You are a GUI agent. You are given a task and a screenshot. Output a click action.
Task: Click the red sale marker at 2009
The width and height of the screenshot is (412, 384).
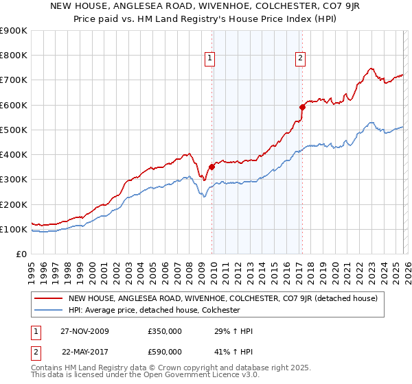tap(211, 167)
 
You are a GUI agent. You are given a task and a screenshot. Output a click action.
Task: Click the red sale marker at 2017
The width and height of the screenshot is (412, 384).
tap(302, 107)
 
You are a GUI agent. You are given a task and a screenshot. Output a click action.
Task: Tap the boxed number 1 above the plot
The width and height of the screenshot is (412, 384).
tap(209, 58)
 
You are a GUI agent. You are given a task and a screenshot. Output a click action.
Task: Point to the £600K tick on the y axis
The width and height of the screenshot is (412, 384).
tap(13, 105)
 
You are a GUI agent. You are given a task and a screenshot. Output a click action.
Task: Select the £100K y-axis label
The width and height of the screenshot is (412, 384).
tap(13, 229)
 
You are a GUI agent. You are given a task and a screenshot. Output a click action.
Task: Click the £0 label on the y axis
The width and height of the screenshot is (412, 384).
tap(21, 254)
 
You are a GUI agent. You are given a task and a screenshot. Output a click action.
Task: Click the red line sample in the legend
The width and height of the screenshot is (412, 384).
tap(48, 298)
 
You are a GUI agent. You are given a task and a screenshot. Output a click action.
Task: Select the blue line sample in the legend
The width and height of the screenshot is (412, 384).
tap(48, 310)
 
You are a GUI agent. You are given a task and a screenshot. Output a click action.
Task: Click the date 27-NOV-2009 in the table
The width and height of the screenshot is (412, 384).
tap(85, 331)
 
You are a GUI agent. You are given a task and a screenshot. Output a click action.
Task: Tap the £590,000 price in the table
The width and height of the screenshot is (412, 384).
tap(165, 351)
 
